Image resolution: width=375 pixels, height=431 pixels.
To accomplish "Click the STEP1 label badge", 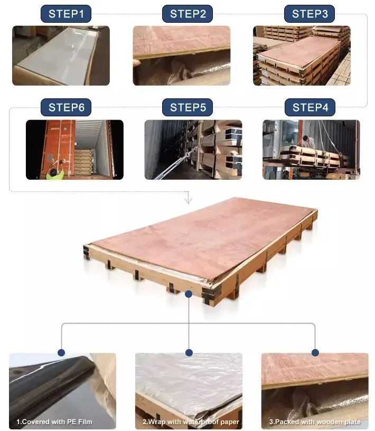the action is [x=66, y=14].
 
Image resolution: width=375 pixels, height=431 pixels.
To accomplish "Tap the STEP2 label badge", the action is [x=187, y=14].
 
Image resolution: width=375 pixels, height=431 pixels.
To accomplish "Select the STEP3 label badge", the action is [x=310, y=14].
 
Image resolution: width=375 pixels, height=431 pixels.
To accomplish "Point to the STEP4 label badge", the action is [x=310, y=107].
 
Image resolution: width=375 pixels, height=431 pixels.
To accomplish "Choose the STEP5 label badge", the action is [x=187, y=107].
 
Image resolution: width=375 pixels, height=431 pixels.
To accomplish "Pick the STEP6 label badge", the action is [x=66, y=107].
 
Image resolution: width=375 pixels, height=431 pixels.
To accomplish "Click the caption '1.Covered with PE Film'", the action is [x=54, y=421].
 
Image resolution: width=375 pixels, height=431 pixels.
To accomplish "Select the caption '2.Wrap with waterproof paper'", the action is [x=191, y=421].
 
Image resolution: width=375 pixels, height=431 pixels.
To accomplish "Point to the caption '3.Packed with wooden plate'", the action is [x=315, y=421].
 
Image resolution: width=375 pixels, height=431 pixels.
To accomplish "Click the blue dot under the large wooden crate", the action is [x=189, y=294].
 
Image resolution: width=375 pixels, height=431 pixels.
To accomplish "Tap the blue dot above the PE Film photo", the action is [x=61, y=353].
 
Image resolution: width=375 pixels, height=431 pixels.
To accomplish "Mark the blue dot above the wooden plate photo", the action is [x=315, y=353].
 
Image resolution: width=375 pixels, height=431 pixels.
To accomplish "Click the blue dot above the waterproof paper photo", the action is [x=189, y=353].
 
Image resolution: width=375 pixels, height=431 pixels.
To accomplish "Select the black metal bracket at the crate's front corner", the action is [x=211, y=294].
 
